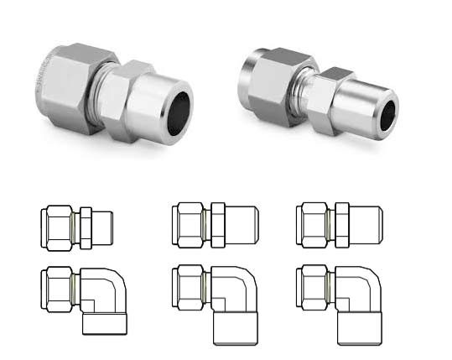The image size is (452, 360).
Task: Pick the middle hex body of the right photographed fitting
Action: (335, 97)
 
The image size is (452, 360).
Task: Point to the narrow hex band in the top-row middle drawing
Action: (219, 225)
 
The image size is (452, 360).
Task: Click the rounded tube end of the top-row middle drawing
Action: (243, 225)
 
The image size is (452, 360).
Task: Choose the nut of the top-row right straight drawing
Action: (314, 225)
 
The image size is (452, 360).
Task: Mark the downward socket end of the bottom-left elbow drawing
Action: (105, 323)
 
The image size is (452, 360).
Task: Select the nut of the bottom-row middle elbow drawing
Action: (186, 290)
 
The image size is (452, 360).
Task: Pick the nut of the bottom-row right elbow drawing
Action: (314, 290)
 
